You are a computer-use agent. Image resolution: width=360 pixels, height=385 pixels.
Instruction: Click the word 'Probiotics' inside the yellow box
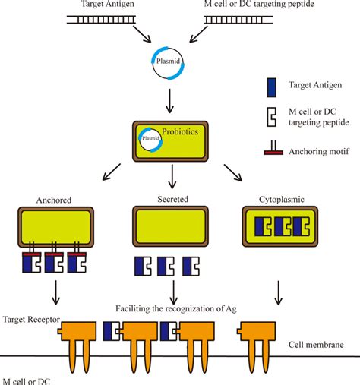pyautogui.click(x=182, y=131)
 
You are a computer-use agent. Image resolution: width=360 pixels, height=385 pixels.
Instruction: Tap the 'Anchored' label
pyautogui.click(x=53, y=202)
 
